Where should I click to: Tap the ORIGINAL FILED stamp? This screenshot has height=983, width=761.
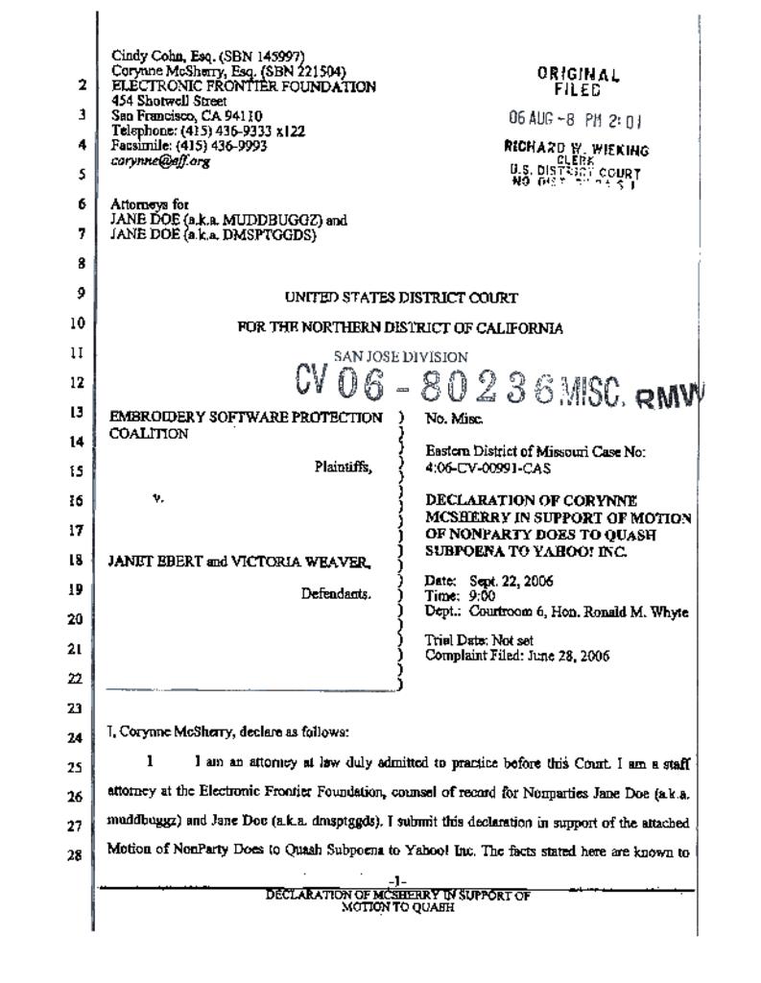(x=578, y=83)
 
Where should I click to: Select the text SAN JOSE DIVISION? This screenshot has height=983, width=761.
(x=401, y=357)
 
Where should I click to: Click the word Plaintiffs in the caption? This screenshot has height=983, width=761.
(x=343, y=468)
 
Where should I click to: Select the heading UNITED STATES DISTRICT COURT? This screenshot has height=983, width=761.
(x=401, y=299)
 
